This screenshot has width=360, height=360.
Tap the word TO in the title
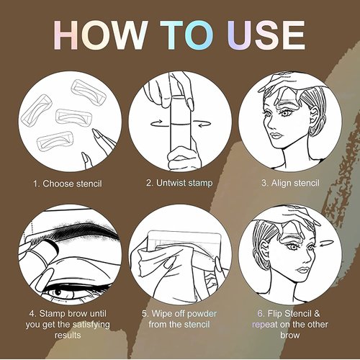pos(189,36)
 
